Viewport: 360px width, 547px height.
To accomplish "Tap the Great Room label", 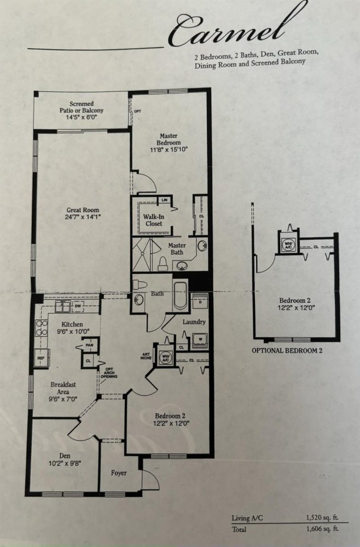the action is [83, 210].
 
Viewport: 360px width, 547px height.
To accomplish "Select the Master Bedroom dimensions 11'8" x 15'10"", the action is [169, 150].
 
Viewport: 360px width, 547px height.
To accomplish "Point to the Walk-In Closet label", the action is [154, 220].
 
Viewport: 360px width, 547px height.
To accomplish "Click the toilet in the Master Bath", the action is [163, 264].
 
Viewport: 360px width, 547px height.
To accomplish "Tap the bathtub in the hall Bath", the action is [181, 295].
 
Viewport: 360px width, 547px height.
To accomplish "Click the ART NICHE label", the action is [147, 356].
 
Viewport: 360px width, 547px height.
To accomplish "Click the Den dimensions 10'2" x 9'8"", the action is [65, 463].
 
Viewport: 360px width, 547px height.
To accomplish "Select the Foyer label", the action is [119, 473].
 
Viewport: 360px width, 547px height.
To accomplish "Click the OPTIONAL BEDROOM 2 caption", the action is [287, 351].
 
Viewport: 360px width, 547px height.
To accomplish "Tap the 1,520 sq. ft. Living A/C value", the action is [322, 517].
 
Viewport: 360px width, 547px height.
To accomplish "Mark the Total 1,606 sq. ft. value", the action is [322, 529].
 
